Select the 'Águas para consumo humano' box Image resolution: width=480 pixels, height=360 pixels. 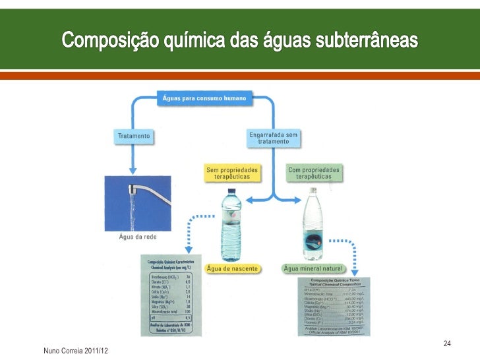[204, 99]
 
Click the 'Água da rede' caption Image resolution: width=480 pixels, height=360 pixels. [136, 237]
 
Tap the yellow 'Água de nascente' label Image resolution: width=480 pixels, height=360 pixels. [233, 268]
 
